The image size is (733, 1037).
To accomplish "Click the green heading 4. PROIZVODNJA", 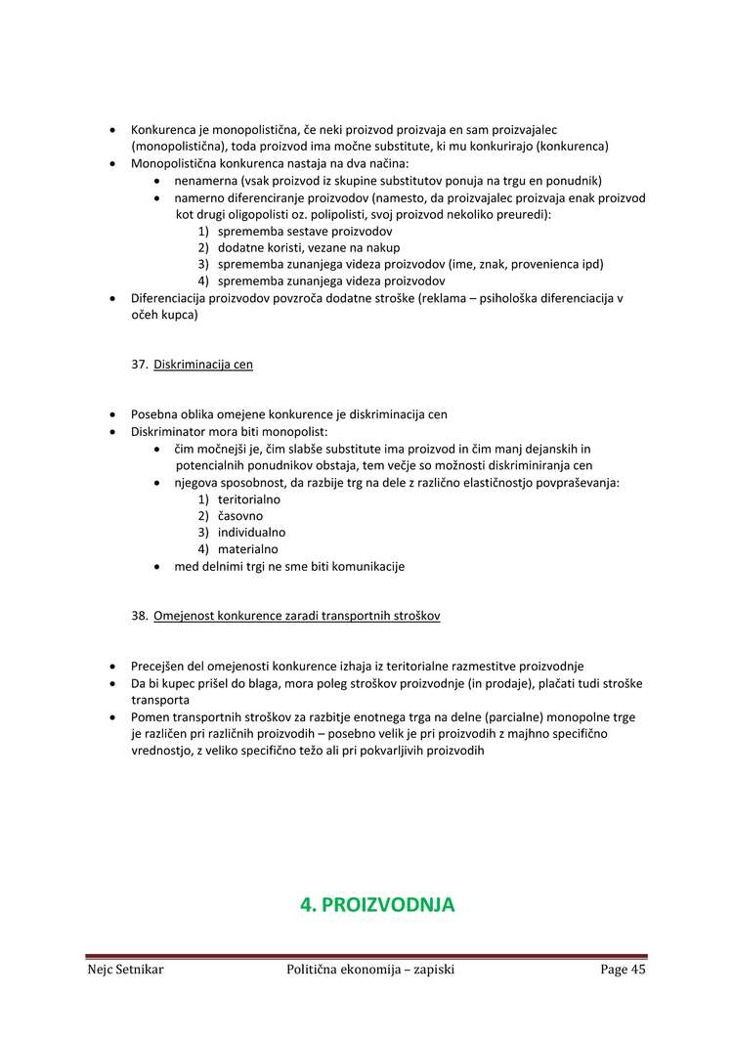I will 377,905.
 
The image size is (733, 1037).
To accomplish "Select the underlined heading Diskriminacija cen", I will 203,365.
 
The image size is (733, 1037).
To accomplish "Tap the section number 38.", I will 139,616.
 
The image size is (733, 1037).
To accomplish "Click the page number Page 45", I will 623,970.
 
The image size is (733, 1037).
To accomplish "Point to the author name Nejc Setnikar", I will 125,970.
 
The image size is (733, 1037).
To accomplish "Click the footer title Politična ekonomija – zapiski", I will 370,970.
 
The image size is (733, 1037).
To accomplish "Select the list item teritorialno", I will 249,498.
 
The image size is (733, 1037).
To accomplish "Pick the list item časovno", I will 240,515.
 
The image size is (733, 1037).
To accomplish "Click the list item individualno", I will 251,533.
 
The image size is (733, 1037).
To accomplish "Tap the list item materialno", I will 247,549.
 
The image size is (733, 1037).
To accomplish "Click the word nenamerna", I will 206,181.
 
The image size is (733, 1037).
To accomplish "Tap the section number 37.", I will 139,365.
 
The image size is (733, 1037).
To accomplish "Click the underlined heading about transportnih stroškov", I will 297,616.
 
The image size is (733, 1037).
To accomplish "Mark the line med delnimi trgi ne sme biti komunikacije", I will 289,566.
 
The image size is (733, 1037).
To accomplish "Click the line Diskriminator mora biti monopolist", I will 230,431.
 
